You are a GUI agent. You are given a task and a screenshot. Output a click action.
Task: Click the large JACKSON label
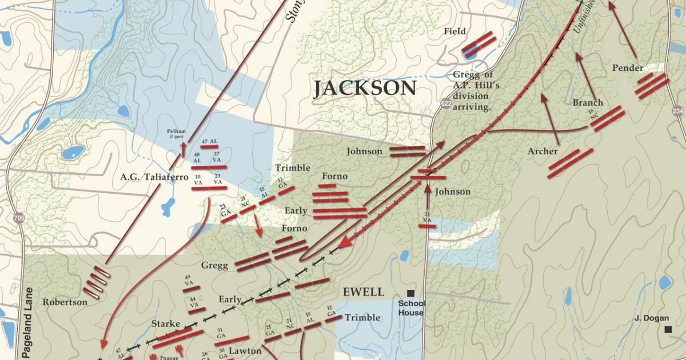pos(364,89)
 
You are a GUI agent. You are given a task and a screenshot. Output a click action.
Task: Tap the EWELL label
pos(363,292)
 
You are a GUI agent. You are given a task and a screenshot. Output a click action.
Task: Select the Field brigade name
pos(455,31)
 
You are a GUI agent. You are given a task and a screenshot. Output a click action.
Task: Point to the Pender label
pos(628,68)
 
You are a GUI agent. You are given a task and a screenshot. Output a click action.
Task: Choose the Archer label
pos(543,151)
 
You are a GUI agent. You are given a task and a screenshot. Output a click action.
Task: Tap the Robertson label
pos(65,302)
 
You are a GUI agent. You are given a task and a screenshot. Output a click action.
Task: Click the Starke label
pos(166,324)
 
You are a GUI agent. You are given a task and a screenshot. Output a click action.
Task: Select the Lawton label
pos(245,350)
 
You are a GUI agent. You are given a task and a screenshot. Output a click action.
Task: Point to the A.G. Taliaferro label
pos(154,177)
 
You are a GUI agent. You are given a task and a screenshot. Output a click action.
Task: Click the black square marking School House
pos(410,293)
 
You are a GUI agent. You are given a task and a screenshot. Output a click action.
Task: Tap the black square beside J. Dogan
pos(668,329)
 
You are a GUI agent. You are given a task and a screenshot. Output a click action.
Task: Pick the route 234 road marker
pos(678,111)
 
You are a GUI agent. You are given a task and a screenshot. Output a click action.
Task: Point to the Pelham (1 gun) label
pos(177,133)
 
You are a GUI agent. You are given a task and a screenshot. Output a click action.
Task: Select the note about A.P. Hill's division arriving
pos(472,91)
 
